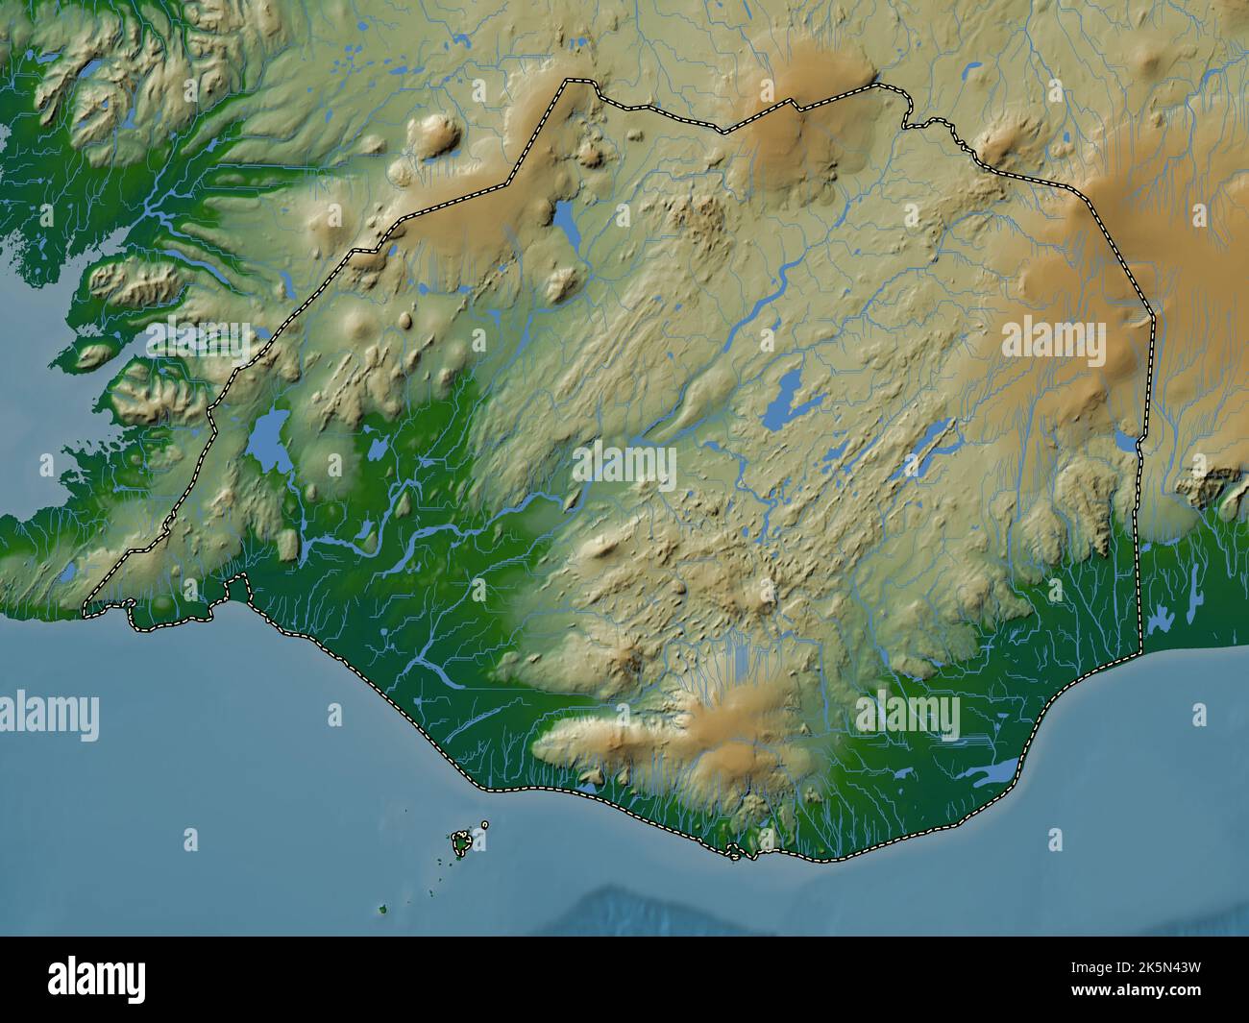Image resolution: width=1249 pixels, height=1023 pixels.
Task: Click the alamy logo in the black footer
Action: click(x=97, y=979)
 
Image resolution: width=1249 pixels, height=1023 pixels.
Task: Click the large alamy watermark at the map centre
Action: click(x=624, y=467)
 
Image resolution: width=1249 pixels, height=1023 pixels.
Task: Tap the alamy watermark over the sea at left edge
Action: click(x=49, y=716)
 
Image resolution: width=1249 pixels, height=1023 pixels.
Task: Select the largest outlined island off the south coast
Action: click(x=462, y=841)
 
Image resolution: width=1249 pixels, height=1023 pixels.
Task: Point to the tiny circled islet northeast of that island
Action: click(x=485, y=824)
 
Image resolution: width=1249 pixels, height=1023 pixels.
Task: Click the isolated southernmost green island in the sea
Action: click(x=382, y=909)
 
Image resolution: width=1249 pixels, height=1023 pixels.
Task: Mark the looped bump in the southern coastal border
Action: click(x=735, y=850)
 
